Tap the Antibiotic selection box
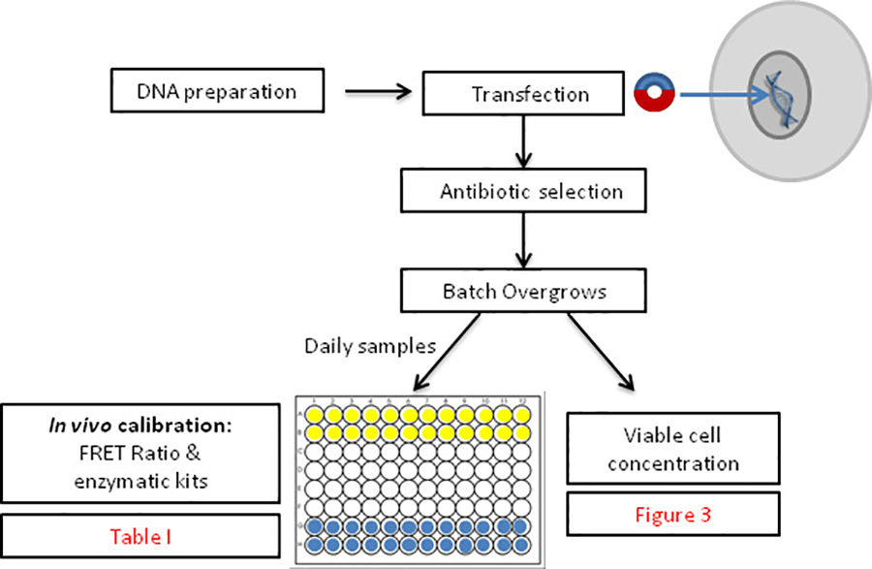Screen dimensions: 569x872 [524, 191]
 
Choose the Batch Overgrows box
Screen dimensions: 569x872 [524, 292]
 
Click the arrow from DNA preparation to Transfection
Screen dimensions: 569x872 [374, 94]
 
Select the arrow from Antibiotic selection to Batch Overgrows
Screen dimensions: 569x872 [524, 241]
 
